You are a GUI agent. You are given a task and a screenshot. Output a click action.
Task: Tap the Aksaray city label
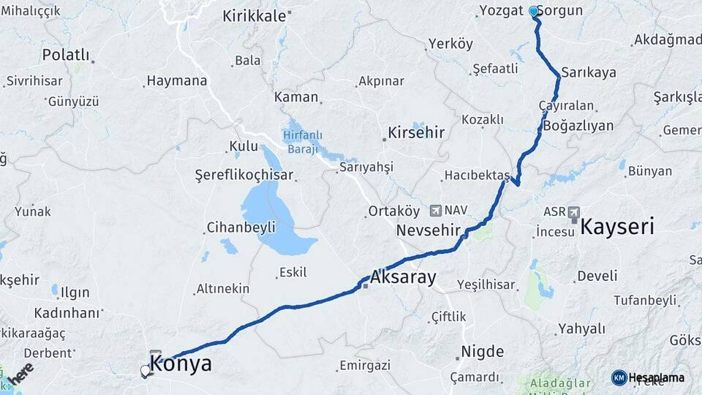403,278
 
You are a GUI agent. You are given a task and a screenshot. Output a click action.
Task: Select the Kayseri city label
617,227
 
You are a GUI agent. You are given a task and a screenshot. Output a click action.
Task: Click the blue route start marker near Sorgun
534,12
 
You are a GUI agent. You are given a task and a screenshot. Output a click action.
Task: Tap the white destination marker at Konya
146,371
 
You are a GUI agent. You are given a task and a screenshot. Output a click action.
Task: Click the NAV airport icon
437,211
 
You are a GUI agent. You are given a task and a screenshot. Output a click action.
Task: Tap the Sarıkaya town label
589,73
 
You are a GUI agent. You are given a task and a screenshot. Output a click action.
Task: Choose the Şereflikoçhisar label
244,175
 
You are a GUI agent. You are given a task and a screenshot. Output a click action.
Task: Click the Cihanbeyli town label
231,226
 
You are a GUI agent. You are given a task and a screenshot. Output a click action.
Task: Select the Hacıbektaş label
477,176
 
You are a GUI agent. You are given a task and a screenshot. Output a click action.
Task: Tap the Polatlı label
66,55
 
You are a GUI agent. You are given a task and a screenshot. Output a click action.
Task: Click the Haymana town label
176,80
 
